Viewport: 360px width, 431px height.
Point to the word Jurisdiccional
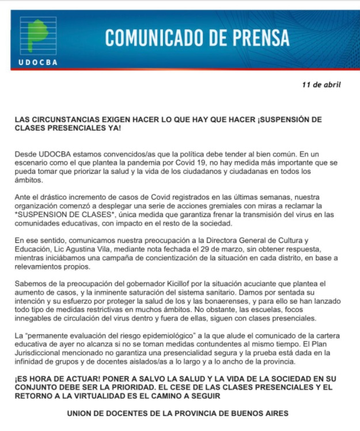37,354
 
